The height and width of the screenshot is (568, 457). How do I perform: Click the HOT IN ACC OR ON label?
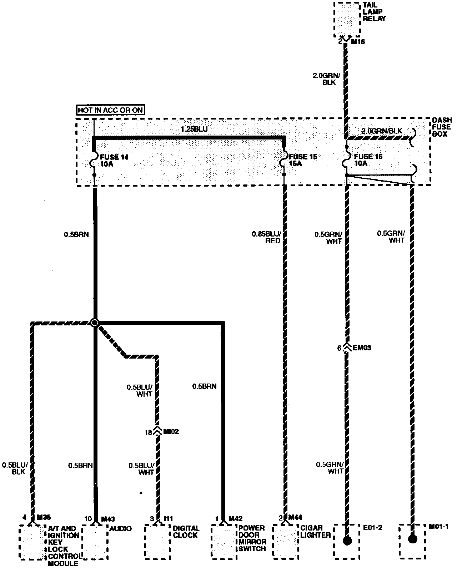[x=111, y=110]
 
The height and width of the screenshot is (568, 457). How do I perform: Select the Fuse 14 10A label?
[x=114, y=160]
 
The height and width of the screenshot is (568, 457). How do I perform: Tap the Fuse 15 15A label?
[x=303, y=160]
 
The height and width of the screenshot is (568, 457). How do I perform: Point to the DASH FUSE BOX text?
[x=442, y=127]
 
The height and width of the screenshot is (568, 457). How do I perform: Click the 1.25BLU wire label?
[x=194, y=130]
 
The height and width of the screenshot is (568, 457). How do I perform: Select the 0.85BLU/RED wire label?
[x=266, y=237]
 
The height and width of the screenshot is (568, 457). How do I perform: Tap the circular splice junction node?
[x=94, y=323]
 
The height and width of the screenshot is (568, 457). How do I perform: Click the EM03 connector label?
[x=362, y=348]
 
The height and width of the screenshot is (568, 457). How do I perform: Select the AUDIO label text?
[x=120, y=528]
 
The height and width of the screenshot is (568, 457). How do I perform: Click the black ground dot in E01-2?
[x=346, y=541]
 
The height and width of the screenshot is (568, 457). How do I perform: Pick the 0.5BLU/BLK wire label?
[x=15, y=468]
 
